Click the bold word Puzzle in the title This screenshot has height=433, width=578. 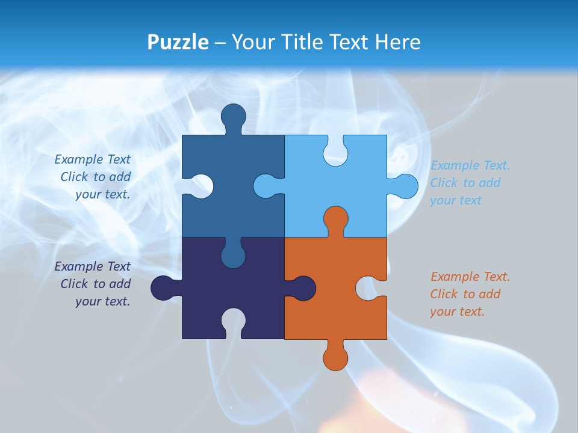[178, 42]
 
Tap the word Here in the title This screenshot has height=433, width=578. [397, 42]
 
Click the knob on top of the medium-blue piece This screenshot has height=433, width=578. [233, 115]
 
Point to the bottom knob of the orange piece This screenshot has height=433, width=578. [336, 357]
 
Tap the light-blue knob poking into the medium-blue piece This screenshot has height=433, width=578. [266, 186]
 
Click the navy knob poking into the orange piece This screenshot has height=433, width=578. [303, 287]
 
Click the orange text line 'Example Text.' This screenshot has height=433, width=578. [470, 277]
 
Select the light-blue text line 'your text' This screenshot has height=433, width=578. [456, 200]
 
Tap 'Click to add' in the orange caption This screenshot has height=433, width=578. [465, 294]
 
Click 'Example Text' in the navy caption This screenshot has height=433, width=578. [92, 266]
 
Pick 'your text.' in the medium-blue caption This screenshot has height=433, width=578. [102, 194]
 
